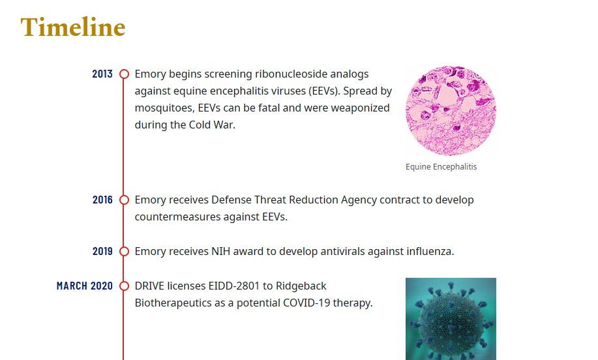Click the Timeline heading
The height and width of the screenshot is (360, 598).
pos(73,27)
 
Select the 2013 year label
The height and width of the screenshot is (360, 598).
pos(102,74)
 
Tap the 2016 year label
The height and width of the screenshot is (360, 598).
pos(102,200)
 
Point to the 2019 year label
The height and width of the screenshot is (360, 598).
pos(102,251)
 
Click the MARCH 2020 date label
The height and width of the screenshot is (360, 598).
pos(85,286)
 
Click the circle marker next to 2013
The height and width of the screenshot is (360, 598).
pos(124,74)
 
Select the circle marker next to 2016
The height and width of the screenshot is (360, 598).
pos(124,200)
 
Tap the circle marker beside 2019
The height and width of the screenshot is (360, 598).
pos(124,251)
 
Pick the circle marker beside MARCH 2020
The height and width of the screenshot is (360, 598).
pos(124,286)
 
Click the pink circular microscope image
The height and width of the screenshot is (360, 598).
pos(451,111)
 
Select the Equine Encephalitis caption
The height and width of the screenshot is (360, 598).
pos(441,167)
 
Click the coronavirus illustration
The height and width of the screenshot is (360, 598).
pos(451,319)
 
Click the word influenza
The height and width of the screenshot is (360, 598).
pos(430,251)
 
